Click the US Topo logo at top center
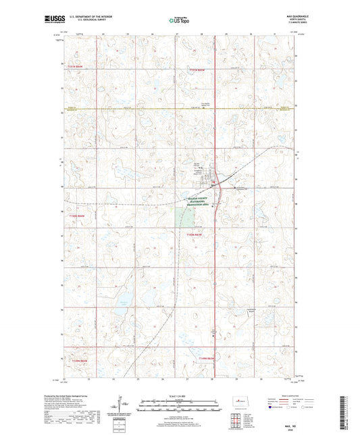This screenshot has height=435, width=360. click(178, 20)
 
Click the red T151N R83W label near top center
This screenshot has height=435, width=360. click(197, 70)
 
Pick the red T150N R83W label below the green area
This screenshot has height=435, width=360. click(195, 234)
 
